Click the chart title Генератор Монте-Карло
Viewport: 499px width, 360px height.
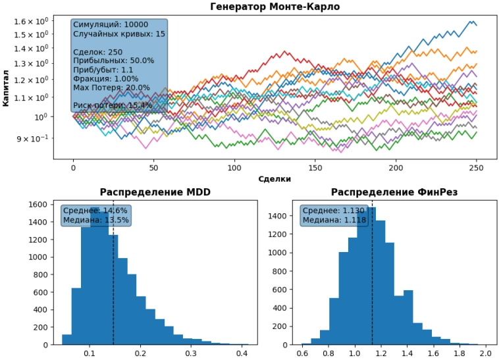(275, 7)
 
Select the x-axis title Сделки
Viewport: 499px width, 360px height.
(275, 178)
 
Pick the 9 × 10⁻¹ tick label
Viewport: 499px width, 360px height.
(33, 138)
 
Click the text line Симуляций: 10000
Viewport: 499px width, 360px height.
(110, 24)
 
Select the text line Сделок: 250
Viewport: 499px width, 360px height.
(97, 52)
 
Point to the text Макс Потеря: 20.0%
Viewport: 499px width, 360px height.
(111, 88)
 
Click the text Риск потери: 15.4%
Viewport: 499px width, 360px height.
(113, 105)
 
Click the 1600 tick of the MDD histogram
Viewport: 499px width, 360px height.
(36, 205)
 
